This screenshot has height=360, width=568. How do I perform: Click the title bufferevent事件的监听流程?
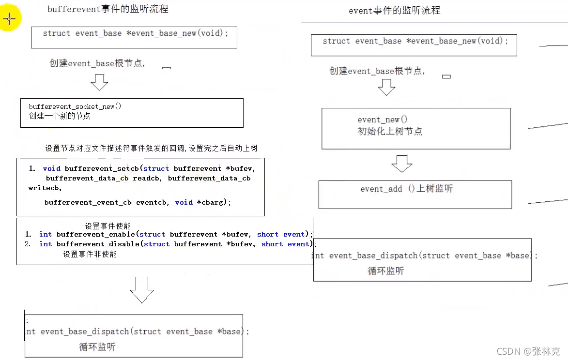tap(107, 9)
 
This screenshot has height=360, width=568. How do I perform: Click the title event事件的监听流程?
tap(394, 10)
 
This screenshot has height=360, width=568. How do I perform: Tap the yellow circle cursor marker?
tap(10, 19)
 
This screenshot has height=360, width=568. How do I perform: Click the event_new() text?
tap(383, 120)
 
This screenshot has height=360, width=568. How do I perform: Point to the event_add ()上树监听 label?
tap(406, 189)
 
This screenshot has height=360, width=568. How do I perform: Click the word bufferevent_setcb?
tap(94, 168)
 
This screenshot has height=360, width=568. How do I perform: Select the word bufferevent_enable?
tap(96, 234)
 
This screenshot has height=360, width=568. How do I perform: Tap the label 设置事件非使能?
tap(90, 254)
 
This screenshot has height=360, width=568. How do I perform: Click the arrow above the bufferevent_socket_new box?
tap(100, 82)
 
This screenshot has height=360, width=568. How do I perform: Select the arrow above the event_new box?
tap(386, 87)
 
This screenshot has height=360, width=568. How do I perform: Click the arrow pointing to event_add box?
tap(401, 164)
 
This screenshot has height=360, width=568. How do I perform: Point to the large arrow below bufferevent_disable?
tap(142, 289)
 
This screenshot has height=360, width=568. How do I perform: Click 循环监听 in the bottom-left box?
tap(97, 346)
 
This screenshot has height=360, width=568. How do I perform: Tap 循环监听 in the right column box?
tap(385, 270)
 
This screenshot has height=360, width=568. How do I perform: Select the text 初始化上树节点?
tap(390, 131)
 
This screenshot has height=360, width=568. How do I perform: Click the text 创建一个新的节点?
tap(60, 116)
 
